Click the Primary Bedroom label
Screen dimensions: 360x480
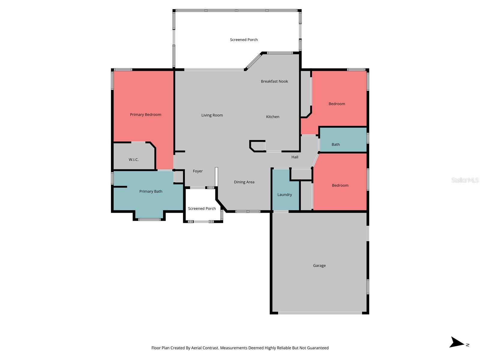(x=145, y=115)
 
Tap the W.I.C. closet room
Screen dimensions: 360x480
(x=134, y=159)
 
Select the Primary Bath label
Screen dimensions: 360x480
(x=151, y=191)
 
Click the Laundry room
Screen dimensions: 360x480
(x=285, y=194)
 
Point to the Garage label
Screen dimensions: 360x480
(x=319, y=265)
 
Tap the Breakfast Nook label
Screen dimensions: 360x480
(x=274, y=81)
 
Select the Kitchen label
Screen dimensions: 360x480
(x=273, y=117)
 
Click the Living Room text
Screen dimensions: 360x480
(x=212, y=115)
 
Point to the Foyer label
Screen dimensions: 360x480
(x=198, y=171)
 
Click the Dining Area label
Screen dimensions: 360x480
(x=244, y=182)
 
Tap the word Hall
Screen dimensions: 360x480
(x=295, y=157)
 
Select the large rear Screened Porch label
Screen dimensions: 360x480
(x=244, y=40)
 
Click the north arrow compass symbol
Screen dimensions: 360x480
(x=457, y=343)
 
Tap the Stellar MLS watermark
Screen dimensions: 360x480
(x=465, y=180)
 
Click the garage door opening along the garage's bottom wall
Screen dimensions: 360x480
(x=320, y=313)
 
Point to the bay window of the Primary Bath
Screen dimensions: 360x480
(x=149, y=219)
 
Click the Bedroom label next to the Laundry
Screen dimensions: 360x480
(x=340, y=185)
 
